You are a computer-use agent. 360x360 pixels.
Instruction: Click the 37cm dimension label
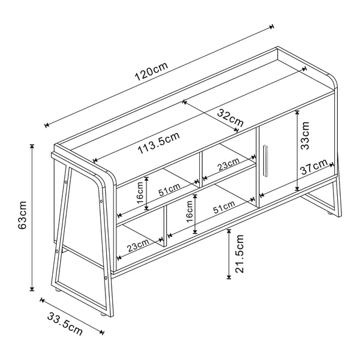click(314, 167)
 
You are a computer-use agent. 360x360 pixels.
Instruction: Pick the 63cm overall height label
click(22, 215)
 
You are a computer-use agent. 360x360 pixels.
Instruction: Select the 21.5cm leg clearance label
click(238, 254)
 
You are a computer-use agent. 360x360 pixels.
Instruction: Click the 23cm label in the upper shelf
click(228, 163)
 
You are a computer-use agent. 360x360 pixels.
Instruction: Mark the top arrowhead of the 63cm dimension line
click(32, 146)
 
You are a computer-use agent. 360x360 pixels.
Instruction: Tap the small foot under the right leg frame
click(329, 212)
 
